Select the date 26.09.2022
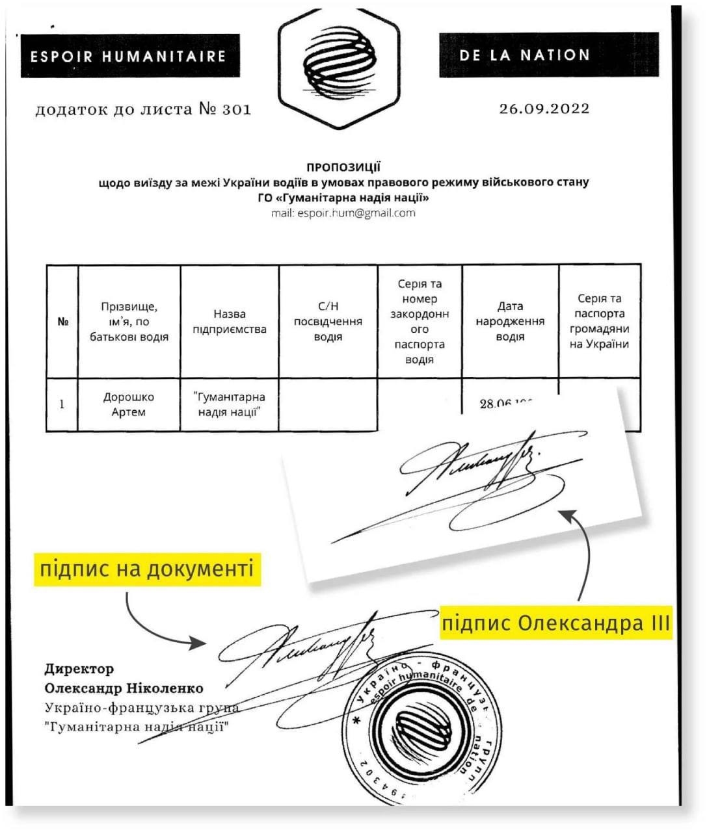point(544,109)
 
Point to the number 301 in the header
point(236,109)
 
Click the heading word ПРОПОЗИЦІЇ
point(343,168)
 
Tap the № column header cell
point(62,321)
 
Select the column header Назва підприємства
point(230,321)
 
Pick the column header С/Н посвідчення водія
point(328,321)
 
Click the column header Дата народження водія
point(510,321)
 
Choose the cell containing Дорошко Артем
point(129,404)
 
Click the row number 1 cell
point(62,404)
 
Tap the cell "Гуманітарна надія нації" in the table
point(230,404)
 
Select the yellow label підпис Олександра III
point(555,623)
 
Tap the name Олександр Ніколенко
point(124,688)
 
